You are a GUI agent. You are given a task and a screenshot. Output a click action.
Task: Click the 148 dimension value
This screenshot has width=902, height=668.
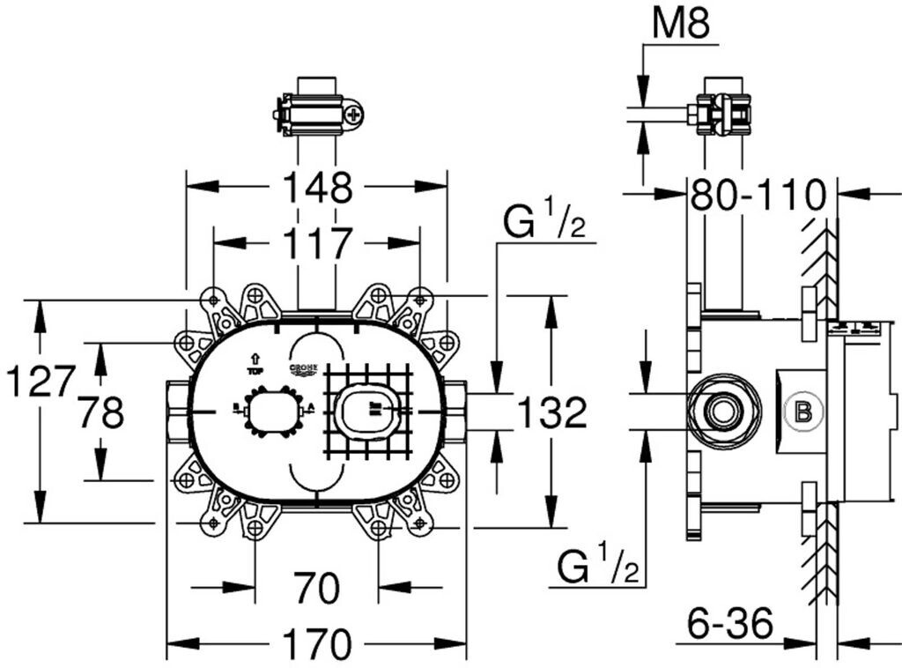tap(317, 188)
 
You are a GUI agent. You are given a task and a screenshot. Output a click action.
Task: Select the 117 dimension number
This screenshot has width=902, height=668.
tap(317, 243)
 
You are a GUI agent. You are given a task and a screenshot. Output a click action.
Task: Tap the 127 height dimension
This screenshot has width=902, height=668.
tap(39, 382)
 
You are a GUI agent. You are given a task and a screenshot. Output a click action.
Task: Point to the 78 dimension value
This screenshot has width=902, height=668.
tap(101, 412)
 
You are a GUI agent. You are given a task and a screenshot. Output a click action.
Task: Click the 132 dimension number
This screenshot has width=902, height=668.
tap(551, 412)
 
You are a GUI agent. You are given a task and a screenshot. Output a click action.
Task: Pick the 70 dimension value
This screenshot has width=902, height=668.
tap(316, 589)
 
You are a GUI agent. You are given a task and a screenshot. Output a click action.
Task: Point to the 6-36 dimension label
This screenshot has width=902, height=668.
tap(730, 626)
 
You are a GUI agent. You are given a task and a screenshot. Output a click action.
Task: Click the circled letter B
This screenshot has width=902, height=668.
tap(802, 411)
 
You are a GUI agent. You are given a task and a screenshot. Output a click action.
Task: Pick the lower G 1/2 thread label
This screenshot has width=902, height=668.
tap(596, 567)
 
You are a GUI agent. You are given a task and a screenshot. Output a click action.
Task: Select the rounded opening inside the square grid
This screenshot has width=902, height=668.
tap(368, 411)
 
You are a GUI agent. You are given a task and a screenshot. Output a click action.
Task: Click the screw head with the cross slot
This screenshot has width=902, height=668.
tap(353, 114)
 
